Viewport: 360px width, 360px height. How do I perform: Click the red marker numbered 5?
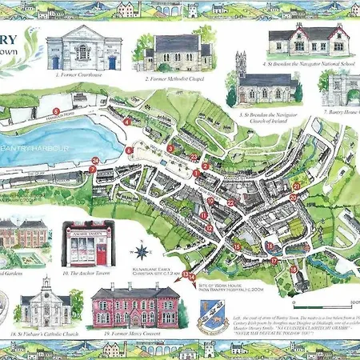pos(56,111)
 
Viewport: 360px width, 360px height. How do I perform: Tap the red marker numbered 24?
pos(94,161)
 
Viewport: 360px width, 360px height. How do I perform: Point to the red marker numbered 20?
pos(294,197)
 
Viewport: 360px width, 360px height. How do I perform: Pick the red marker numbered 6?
pos(130,150)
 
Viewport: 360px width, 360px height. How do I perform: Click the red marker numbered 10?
pos(211,201)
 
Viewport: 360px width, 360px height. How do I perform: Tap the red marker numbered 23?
pos(195,156)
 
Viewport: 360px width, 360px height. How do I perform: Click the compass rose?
pos(142,251)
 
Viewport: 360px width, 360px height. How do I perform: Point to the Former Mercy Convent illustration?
pos(136,304)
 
